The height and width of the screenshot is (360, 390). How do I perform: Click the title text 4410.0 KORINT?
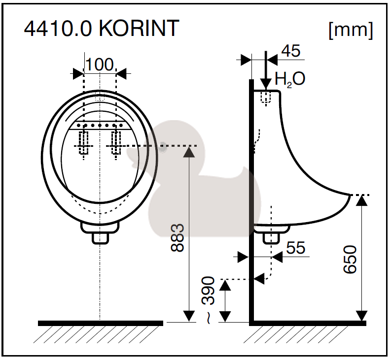tap(102, 28)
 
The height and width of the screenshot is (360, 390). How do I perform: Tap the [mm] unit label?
tap(351, 31)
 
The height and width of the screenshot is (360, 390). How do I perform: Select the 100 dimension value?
tap(100, 65)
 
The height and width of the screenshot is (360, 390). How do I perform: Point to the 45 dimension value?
tap(291, 51)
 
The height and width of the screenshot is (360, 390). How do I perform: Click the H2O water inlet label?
tap(290, 79)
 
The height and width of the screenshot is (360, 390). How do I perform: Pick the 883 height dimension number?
tap(177, 238)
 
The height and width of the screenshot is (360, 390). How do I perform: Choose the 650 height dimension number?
tap(350, 260)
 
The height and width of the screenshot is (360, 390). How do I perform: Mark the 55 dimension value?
tap(295, 248)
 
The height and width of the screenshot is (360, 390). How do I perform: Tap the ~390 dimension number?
tap(209, 300)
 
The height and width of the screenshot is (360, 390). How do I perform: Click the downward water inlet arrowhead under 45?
tap(266, 83)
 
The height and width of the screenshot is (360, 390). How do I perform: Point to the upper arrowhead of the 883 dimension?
tap(189, 152)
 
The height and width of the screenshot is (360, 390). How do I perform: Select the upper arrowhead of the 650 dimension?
tap(361, 201)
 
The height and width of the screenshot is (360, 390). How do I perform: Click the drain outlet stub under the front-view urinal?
tap(100, 238)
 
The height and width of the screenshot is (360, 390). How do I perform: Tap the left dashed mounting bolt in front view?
tap(84, 143)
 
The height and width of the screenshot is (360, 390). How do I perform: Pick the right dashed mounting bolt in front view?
tap(116, 143)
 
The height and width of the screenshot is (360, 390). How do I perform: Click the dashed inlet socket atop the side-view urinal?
tap(266, 98)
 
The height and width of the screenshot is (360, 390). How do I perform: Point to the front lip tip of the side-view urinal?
tap(350, 195)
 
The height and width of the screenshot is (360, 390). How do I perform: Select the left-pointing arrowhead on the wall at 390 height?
tap(259, 279)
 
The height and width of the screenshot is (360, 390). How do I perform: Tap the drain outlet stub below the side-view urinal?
tap(271, 238)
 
